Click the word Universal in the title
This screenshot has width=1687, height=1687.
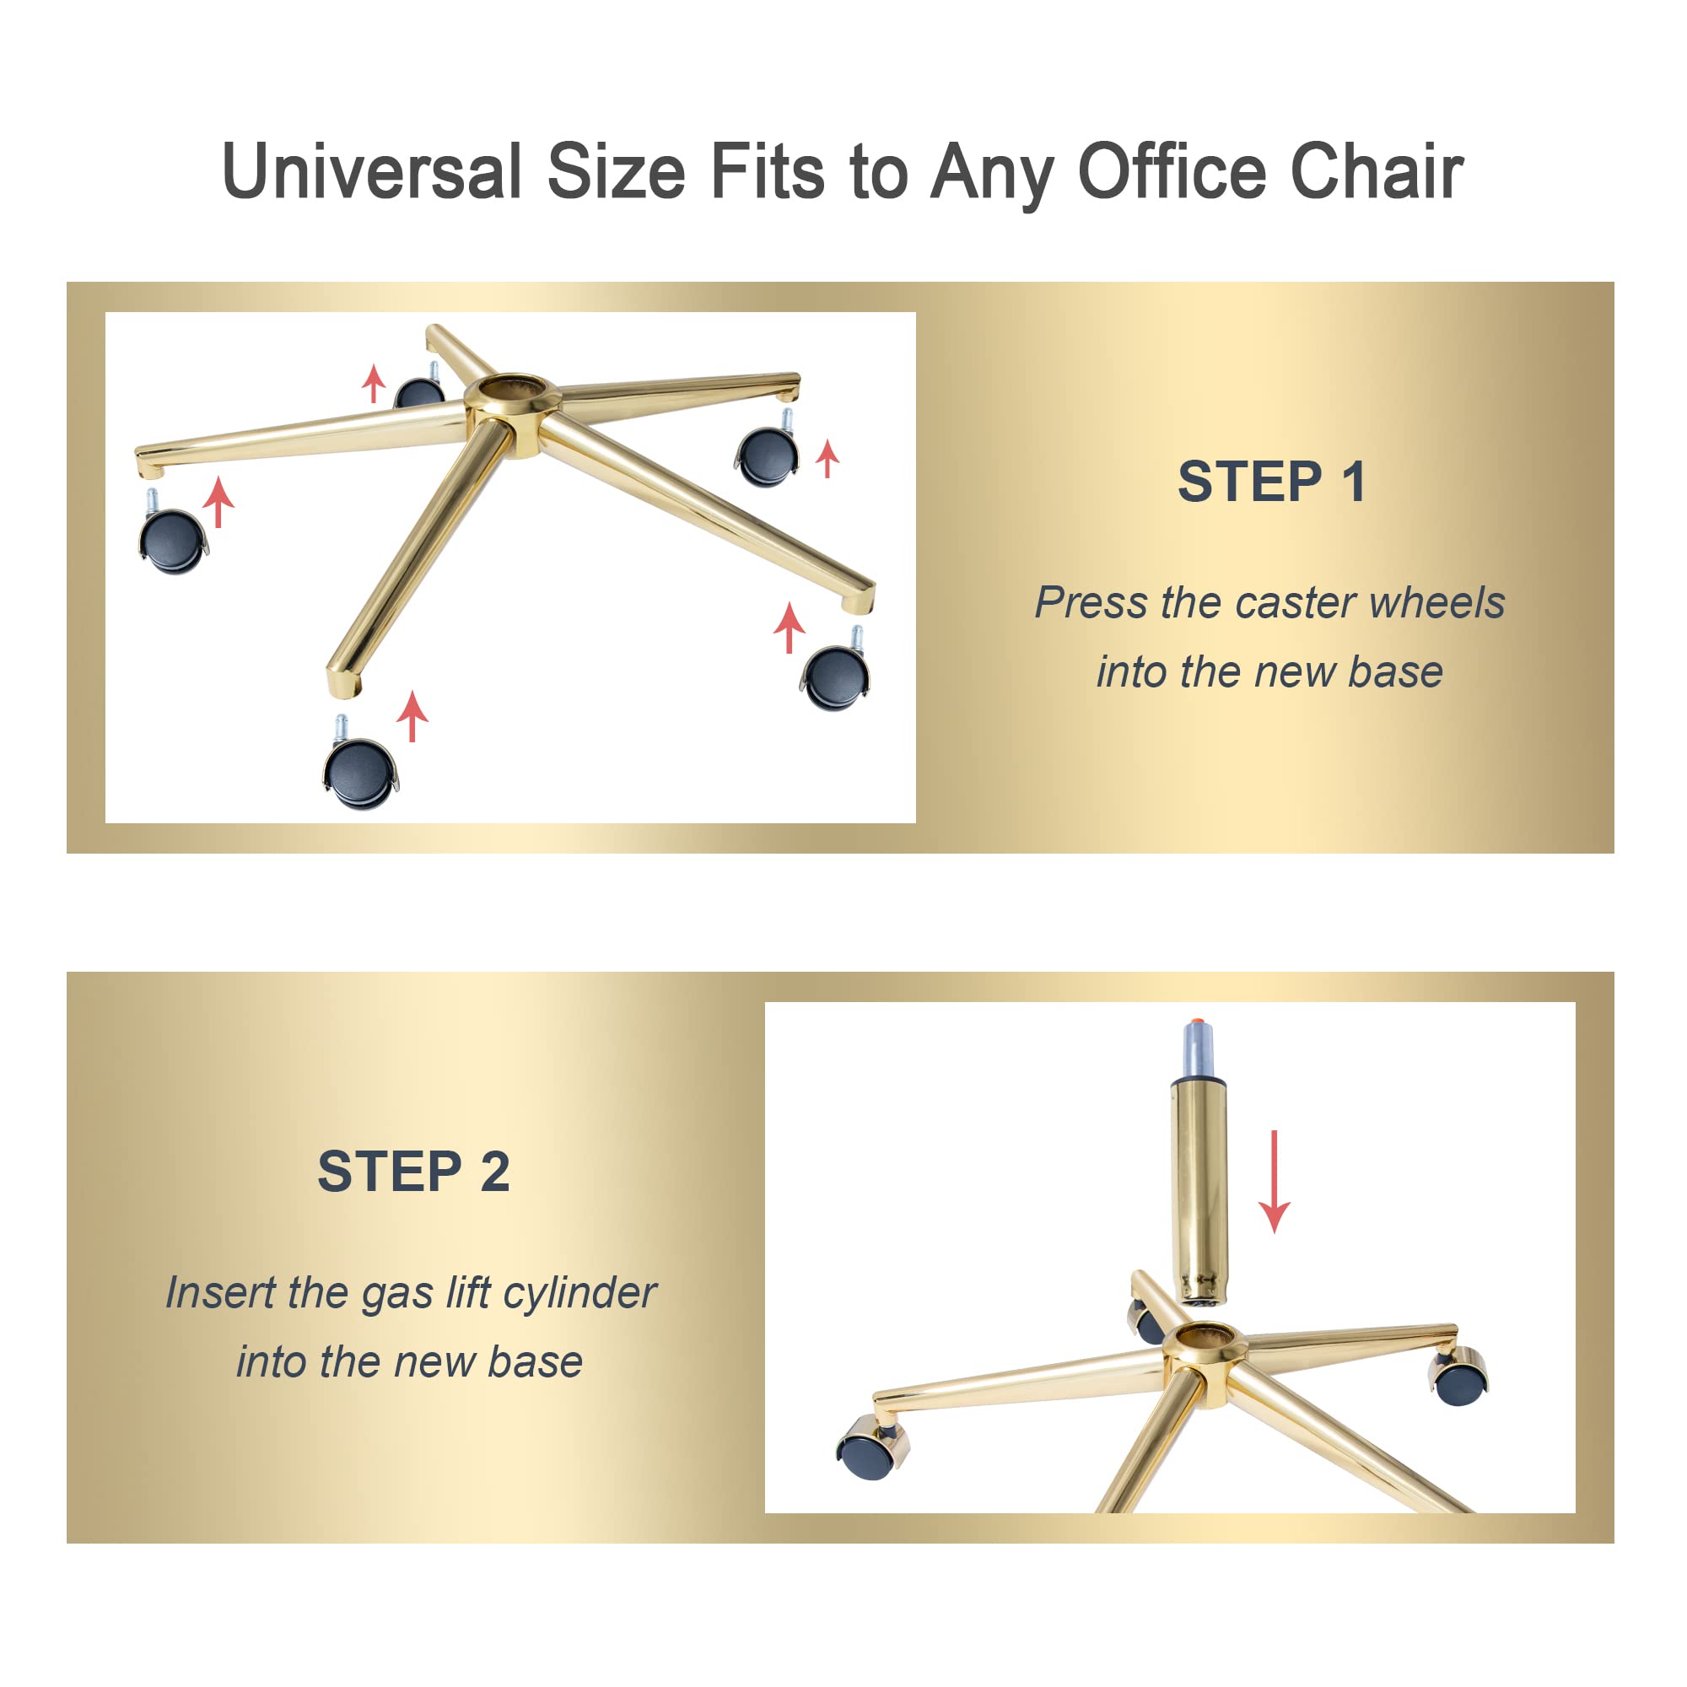coord(372,171)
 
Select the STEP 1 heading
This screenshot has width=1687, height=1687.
coord(1271,482)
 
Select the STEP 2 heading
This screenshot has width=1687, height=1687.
coord(413,1172)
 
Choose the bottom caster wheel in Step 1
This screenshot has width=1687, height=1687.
coord(360,771)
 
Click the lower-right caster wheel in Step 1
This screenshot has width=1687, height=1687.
coord(836,676)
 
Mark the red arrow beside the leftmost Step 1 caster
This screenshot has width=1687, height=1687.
coord(218,501)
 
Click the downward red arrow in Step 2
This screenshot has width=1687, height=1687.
coord(1274,1181)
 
